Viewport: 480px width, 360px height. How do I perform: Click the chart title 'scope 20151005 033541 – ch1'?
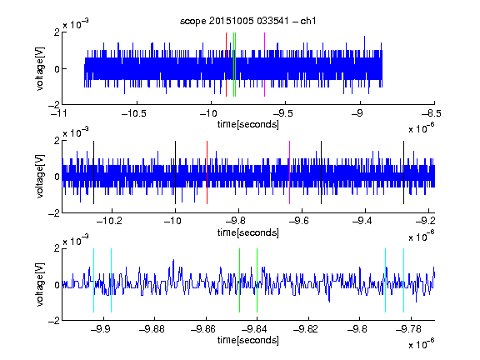pyautogui.click(x=247, y=21)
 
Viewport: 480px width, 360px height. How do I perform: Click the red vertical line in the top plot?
pyautogui.click(x=226, y=65)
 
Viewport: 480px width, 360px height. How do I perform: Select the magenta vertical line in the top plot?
pyautogui.click(x=264, y=65)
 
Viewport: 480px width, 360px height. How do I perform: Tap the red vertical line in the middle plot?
pyautogui.click(x=207, y=172)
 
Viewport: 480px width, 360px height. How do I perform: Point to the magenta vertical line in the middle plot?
pyautogui.click(x=290, y=172)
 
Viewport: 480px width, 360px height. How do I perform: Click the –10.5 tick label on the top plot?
pyautogui.click(x=134, y=113)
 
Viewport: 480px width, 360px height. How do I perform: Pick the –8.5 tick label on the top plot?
pyautogui.click(x=431, y=113)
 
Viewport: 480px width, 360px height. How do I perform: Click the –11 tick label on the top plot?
pyautogui.click(x=60, y=113)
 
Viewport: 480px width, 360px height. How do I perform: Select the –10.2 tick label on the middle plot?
pyautogui.click(x=109, y=221)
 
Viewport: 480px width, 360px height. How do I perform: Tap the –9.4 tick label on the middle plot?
pyautogui.click(x=362, y=221)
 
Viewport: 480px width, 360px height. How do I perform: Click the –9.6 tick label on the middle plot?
pyautogui.click(x=299, y=221)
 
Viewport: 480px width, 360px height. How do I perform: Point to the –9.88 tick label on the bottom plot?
pyautogui.click(x=152, y=329)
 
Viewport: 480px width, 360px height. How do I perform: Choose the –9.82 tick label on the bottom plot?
pyautogui.click(x=306, y=329)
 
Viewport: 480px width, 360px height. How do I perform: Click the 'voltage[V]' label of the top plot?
pyautogui.click(x=40, y=68)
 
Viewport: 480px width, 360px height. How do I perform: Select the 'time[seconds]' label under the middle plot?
pyautogui.click(x=248, y=232)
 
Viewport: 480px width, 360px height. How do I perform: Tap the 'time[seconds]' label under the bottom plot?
pyautogui.click(x=248, y=340)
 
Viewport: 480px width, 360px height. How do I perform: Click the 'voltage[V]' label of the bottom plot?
pyautogui.click(x=40, y=284)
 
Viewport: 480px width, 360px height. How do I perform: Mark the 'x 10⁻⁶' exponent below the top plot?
pyautogui.click(x=422, y=127)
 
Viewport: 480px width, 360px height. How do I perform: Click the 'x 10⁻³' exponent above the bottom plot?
pyautogui.click(x=76, y=240)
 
